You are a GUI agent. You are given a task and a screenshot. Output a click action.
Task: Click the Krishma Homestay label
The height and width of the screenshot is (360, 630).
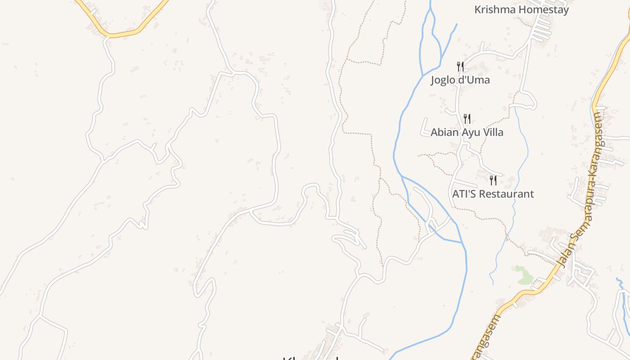522,9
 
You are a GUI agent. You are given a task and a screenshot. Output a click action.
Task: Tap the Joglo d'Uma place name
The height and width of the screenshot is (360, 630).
460,80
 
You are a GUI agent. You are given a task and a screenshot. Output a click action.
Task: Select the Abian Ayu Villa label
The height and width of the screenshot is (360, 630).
467,132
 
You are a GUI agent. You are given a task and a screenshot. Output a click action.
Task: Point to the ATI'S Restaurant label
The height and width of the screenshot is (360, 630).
493,194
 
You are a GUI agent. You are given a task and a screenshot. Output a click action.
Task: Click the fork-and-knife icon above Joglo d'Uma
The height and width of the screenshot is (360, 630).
460,67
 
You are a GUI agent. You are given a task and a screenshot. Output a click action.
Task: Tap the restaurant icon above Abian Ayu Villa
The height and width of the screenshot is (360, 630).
467,119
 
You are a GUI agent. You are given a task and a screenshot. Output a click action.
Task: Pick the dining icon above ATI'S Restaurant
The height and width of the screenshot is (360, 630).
493,180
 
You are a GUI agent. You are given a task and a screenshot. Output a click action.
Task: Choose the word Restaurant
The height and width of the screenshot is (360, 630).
507,194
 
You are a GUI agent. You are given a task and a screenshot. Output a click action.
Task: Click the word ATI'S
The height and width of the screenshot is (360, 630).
463,194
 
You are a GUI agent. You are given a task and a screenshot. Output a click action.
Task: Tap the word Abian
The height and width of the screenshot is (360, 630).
444,132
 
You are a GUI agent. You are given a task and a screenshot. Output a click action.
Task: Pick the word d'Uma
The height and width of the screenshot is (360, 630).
475,80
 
